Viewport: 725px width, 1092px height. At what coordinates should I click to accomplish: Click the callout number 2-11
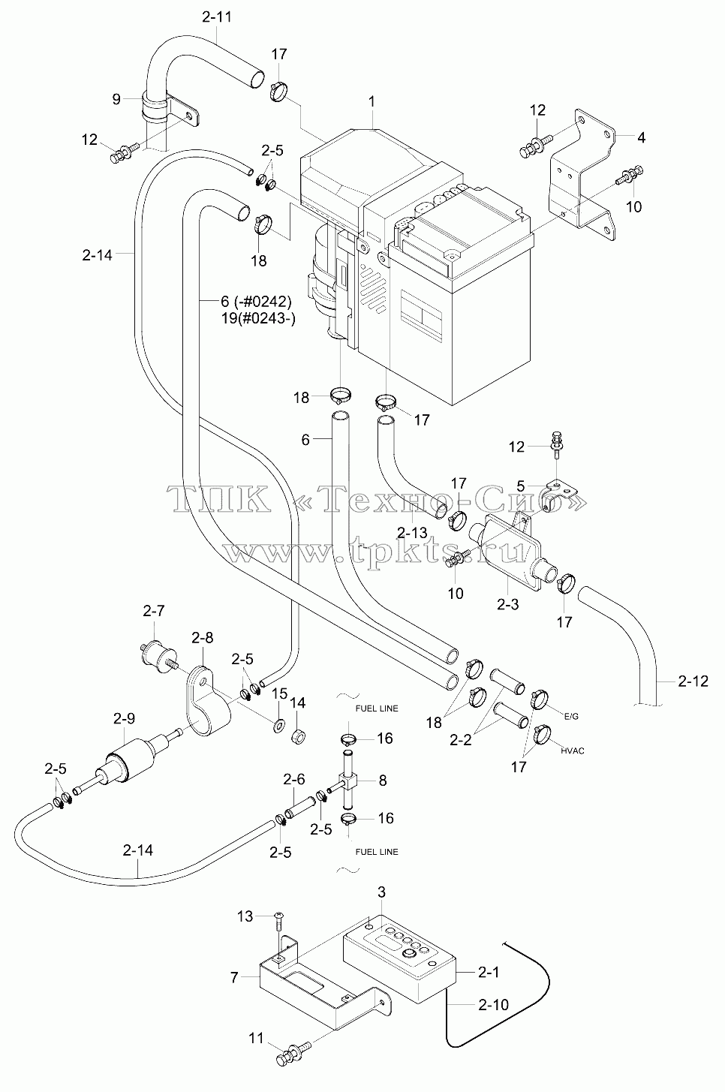coord(216,17)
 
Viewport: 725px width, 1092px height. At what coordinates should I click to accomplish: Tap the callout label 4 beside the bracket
coord(641,138)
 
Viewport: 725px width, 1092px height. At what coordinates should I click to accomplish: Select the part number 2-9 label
coord(125,718)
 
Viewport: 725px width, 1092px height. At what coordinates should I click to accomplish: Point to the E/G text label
coord(572,717)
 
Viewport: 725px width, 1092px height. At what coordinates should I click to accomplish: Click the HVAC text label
coord(572,751)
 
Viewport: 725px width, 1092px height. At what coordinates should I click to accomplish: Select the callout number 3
coord(381,892)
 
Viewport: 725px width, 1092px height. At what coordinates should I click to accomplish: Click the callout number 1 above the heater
coord(372,102)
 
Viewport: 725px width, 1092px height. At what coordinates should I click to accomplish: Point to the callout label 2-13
coord(413,532)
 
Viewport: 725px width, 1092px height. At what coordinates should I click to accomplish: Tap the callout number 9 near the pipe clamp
coord(116,100)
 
